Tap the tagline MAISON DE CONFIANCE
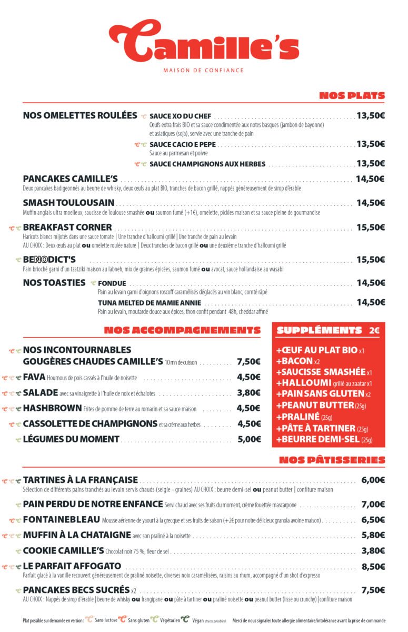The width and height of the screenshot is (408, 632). (x=203, y=70)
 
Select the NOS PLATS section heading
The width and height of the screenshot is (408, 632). (x=344, y=96)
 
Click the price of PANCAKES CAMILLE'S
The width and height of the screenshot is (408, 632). (x=370, y=179)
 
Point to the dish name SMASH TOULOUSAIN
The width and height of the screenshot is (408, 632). (x=68, y=203)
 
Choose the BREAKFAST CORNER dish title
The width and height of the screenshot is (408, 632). (x=67, y=228)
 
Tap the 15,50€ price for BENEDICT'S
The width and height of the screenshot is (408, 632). (x=370, y=260)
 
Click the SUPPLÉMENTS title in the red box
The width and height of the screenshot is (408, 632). (x=319, y=331)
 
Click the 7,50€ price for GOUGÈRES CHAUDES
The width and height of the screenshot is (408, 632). (x=248, y=362)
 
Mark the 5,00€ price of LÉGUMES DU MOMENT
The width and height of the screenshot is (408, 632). (x=249, y=439)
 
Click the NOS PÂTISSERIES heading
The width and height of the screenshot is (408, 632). (x=332, y=460)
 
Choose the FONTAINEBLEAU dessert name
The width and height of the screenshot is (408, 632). (x=62, y=520)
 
